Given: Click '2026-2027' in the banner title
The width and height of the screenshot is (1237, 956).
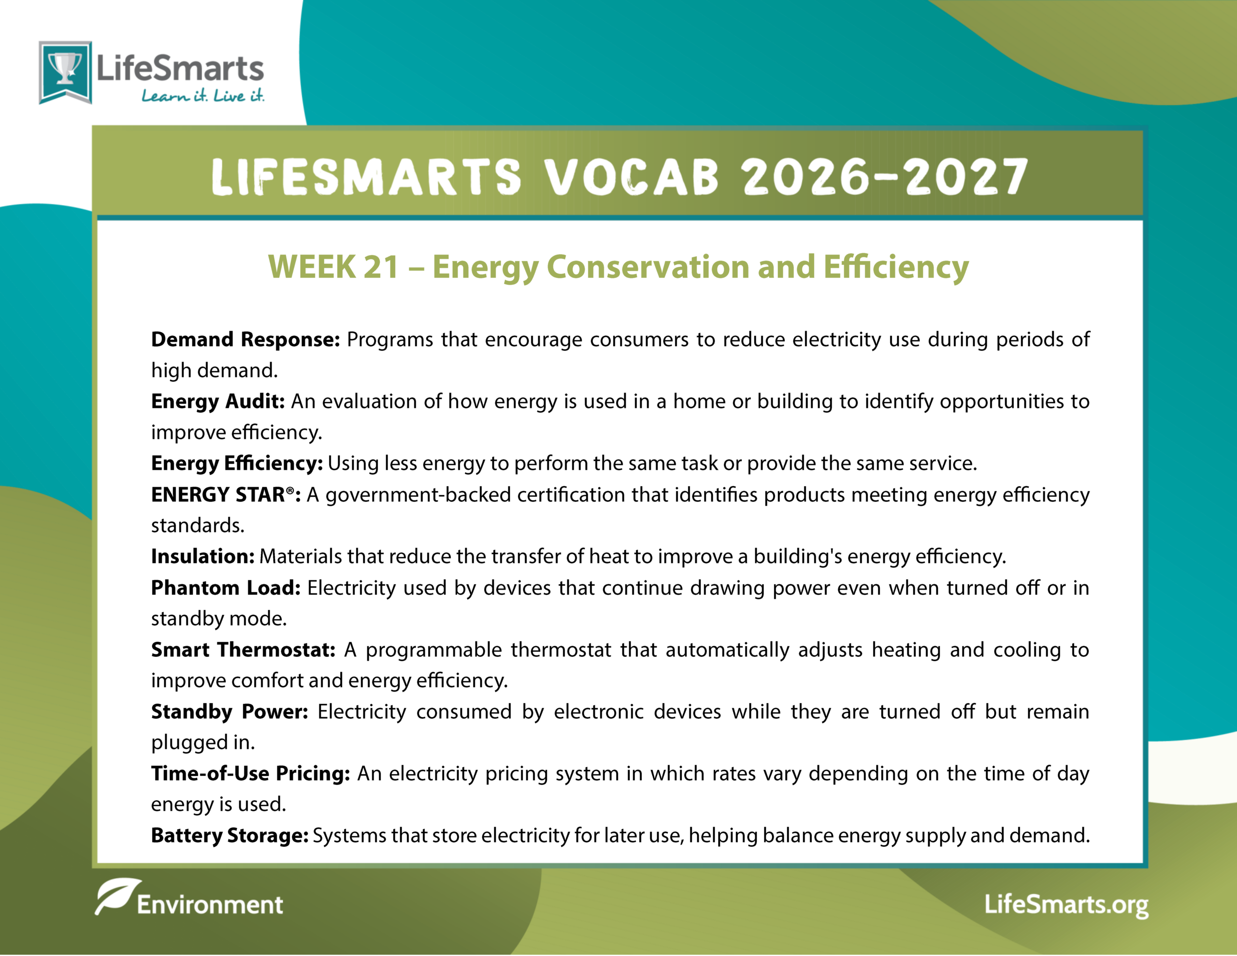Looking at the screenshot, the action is pos(884,177).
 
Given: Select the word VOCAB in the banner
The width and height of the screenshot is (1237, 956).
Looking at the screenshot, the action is pos(632,177).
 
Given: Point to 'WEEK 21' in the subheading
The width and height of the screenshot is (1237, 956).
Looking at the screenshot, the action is pos(333,267).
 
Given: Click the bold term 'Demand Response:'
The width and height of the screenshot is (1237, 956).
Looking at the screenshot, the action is pos(245,339).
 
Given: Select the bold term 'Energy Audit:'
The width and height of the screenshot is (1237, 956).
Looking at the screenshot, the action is pos(217,401).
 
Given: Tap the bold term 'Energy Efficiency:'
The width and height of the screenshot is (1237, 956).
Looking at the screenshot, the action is pos(237,464).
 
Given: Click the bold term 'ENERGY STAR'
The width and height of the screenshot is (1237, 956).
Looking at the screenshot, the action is pos(218,495).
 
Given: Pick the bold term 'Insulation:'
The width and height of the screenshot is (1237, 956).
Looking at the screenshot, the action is pos(203,556).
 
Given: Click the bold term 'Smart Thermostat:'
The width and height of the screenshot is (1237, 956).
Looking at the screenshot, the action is pos(243,650).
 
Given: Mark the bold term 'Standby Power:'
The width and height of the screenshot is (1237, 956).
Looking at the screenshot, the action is pos(230,712).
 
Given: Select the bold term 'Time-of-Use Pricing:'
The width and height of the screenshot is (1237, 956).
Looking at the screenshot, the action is pos(250,773).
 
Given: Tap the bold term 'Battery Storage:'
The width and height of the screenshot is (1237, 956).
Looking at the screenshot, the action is pos(230,836).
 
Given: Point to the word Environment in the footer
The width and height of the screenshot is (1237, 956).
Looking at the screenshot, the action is pos(210,905).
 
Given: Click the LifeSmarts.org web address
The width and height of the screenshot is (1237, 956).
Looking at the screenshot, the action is pos(1066,905).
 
